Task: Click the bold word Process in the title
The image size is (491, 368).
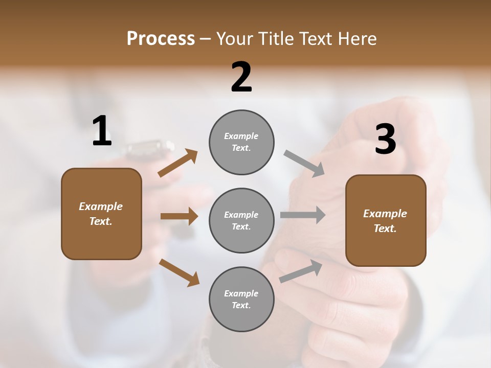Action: pos(161,39)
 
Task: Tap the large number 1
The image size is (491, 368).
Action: pos(102,131)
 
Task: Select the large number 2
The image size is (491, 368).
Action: pos(241,77)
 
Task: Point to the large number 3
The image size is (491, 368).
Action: pos(385,140)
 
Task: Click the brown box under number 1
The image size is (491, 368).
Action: pos(101,214)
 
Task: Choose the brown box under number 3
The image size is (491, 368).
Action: pos(386,221)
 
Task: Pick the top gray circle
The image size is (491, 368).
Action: pos(241,142)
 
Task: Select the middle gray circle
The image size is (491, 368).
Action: pos(241,220)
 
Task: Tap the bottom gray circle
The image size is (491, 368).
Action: pos(241,299)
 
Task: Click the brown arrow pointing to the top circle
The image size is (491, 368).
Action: pos(178,163)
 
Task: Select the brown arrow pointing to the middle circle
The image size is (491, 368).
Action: pos(179,216)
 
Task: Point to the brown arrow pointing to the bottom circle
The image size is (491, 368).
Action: pos(179,272)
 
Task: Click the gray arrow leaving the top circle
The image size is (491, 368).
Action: pos(304,164)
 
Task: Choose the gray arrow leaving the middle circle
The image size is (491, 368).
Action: pos(303,215)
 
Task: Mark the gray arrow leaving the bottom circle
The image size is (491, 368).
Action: pos(301,271)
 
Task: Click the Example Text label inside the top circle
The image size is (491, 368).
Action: pos(241,142)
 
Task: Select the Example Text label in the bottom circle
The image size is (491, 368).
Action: pos(241,299)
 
